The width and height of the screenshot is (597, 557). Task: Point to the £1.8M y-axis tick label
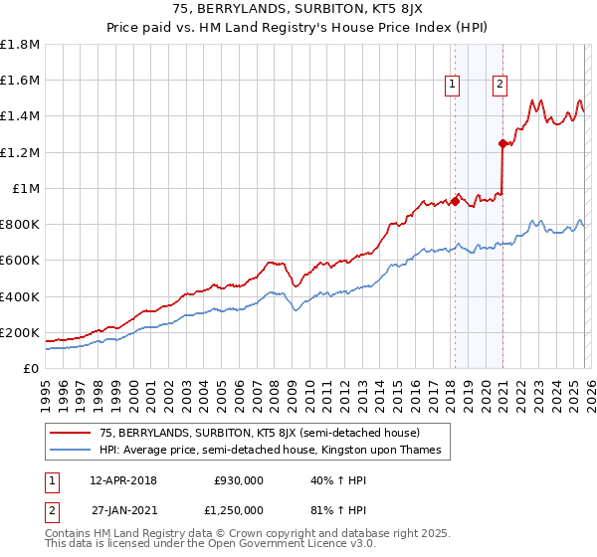click(x=20, y=45)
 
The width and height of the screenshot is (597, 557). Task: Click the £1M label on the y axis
click(x=26, y=189)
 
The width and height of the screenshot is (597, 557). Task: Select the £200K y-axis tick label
click(x=20, y=333)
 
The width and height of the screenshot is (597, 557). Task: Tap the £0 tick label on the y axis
click(x=30, y=369)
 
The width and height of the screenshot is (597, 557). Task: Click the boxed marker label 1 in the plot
click(x=453, y=85)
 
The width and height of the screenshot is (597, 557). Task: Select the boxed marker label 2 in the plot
click(x=499, y=85)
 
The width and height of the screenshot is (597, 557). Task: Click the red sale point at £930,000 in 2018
click(x=455, y=201)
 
